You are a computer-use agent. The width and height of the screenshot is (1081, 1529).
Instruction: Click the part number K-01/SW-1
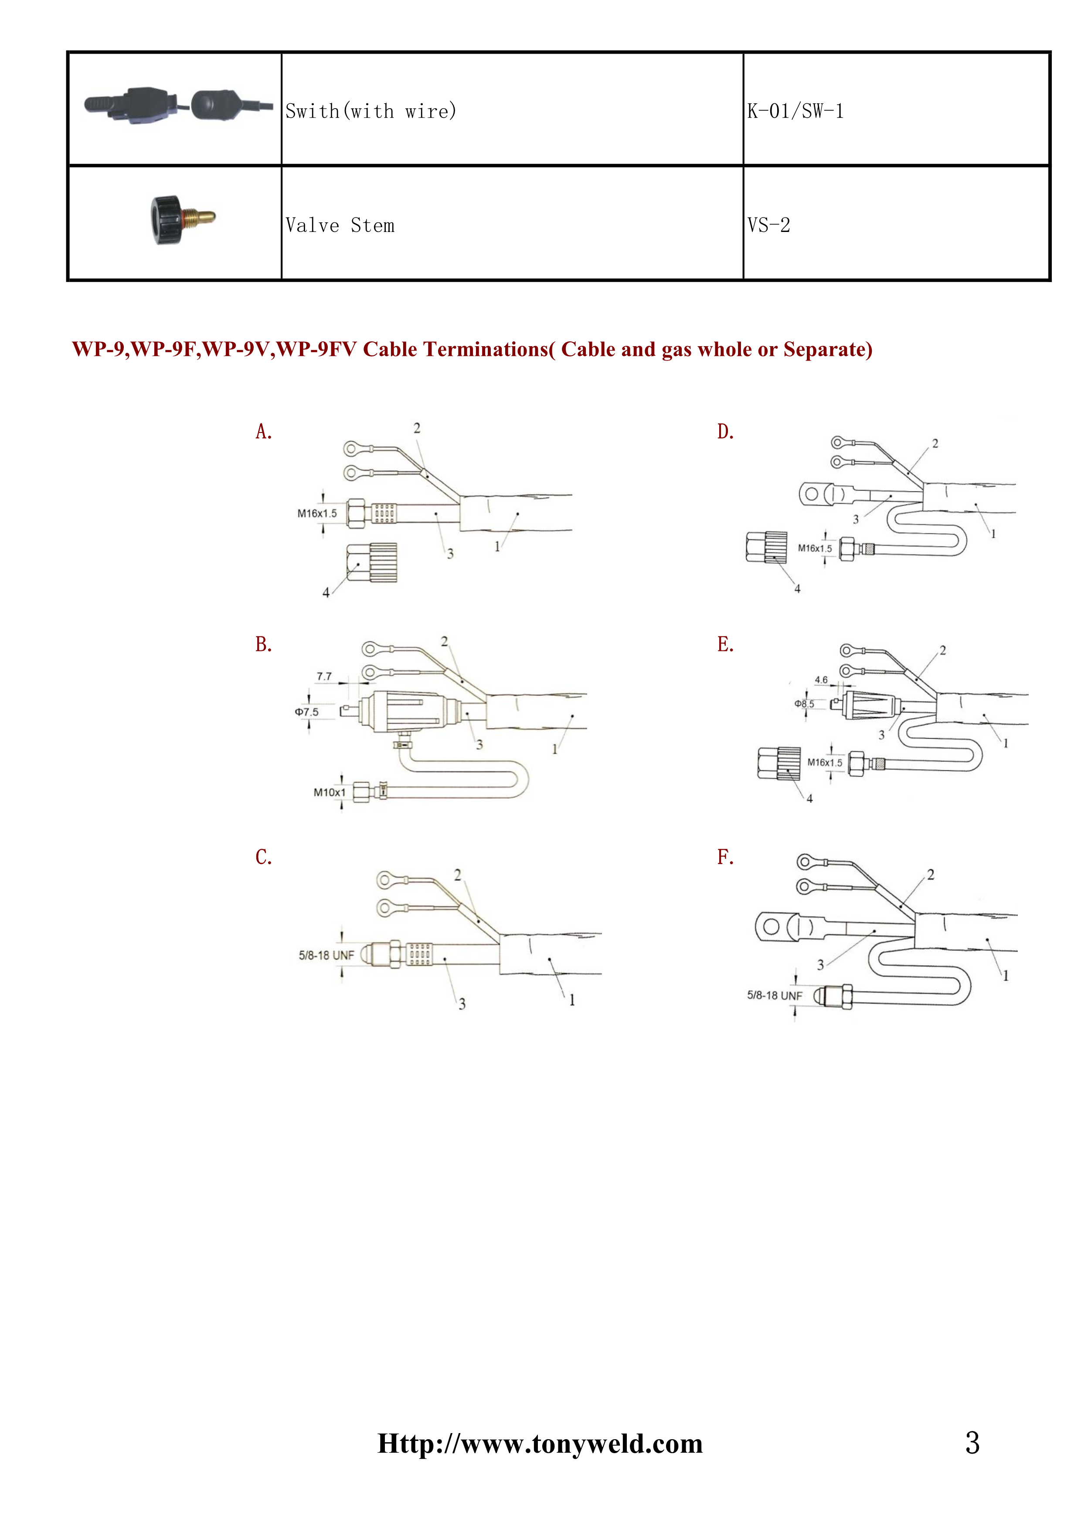click(795, 111)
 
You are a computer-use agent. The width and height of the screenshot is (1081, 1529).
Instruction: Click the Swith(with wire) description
click(371, 111)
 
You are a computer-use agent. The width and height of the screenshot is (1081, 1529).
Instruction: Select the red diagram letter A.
click(264, 432)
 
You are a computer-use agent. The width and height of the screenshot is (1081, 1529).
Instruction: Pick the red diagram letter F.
click(725, 857)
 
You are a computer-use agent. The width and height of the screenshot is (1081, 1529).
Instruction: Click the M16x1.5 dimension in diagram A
click(317, 514)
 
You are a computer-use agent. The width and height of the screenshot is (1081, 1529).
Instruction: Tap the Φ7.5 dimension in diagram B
click(307, 712)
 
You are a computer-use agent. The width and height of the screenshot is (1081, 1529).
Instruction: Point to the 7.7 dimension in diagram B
click(324, 676)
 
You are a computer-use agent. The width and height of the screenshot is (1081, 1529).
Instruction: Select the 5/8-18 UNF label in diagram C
click(326, 955)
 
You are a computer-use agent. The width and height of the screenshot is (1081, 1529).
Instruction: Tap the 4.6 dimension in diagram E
click(821, 680)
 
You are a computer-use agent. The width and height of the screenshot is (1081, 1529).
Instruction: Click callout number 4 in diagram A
click(326, 593)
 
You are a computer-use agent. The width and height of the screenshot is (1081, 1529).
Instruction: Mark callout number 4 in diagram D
click(797, 589)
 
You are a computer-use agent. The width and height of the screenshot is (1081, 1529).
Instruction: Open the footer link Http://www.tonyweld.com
click(540, 1444)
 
